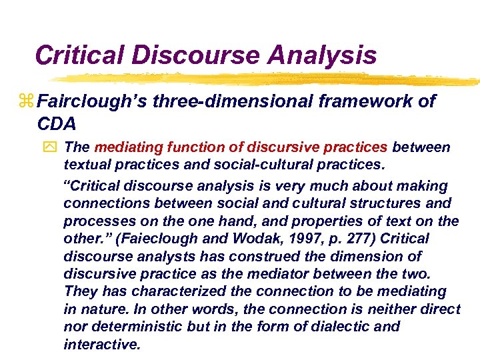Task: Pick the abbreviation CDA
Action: click(x=57, y=124)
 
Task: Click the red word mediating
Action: click(x=124, y=147)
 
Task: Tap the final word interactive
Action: click(x=102, y=344)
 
